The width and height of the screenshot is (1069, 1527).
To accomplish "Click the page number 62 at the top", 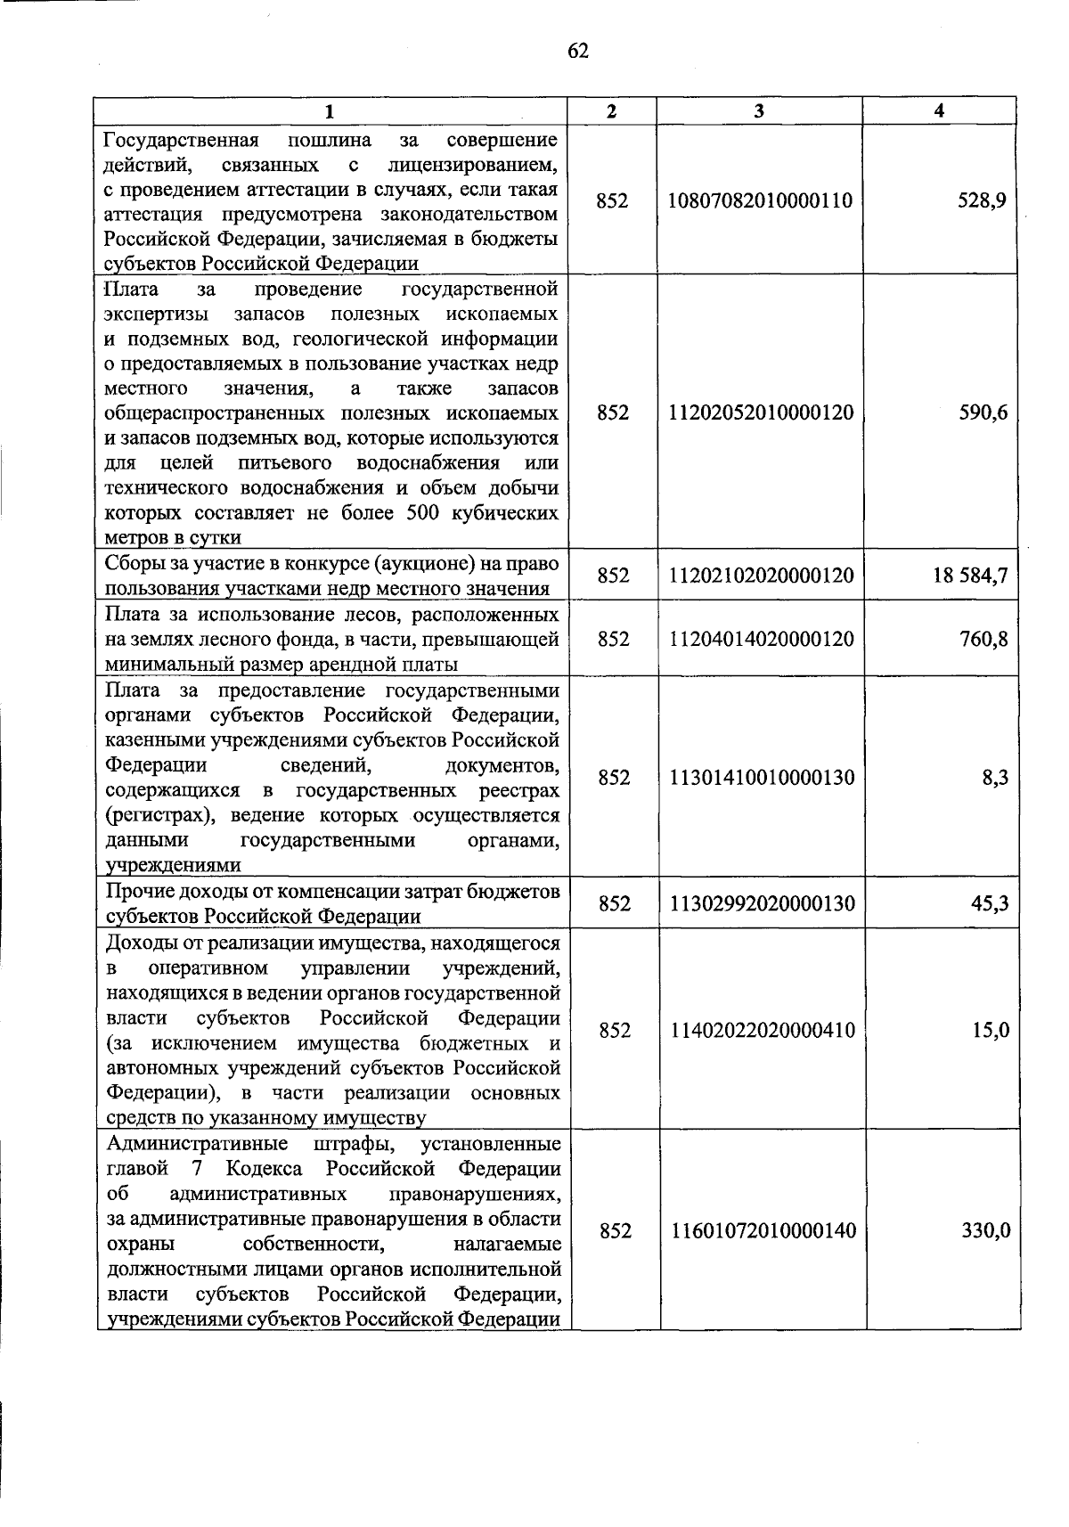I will [x=578, y=51].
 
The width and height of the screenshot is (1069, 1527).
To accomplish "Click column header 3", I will [x=758, y=110].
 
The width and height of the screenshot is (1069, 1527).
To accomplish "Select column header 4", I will [x=940, y=110].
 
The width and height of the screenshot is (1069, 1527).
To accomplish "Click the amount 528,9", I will [x=984, y=201].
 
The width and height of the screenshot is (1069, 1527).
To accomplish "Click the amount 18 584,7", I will [x=970, y=576].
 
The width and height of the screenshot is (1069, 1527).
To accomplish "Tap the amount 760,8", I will [x=983, y=639].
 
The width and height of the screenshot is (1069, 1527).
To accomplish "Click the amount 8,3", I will [x=996, y=778].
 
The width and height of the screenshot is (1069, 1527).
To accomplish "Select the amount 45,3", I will [x=990, y=903].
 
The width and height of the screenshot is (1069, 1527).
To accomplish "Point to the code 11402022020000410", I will [x=762, y=1031].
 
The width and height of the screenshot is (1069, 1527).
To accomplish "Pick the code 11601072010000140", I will [x=763, y=1230].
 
